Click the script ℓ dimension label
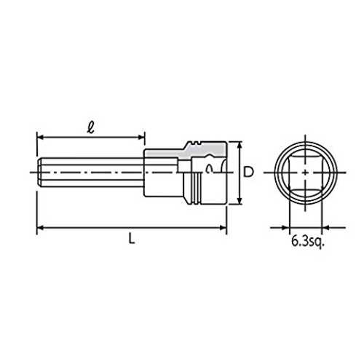point(91,127)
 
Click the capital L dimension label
point(132,239)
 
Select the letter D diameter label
point(248,172)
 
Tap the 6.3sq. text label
point(308,242)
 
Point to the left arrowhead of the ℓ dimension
point(41,138)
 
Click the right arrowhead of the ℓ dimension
point(141,138)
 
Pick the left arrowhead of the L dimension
point(41,228)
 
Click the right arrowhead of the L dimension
point(223,228)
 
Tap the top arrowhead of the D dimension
point(240,146)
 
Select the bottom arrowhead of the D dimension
point(240,200)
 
